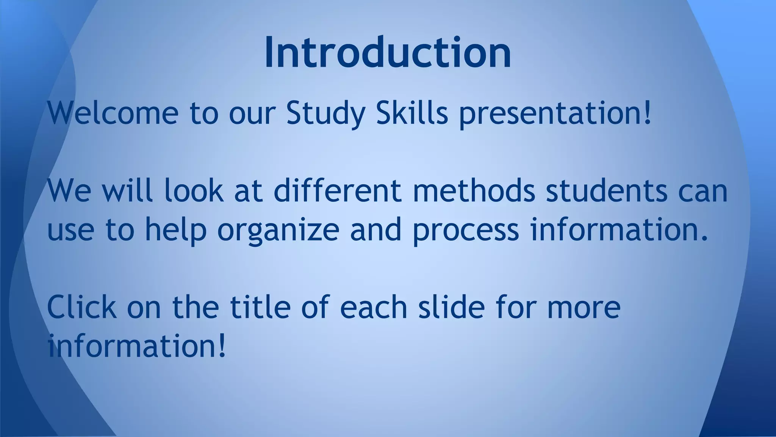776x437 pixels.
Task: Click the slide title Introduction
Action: click(388, 53)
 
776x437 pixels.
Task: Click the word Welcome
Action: click(113, 113)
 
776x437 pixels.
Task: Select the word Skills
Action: click(412, 113)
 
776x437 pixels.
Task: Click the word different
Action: click(337, 191)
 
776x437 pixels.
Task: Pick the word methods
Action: click(474, 191)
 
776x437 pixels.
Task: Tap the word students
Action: click(606, 191)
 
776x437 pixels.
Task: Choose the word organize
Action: click(278, 231)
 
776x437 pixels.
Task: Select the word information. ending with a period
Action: click(619, 230)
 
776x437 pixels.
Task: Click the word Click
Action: click(81, 307)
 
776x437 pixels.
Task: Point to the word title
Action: click(260, 307)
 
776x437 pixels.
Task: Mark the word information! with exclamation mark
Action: click(137, 346)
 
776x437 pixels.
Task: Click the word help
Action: click(176, 231)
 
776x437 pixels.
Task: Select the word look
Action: click(194, 191)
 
